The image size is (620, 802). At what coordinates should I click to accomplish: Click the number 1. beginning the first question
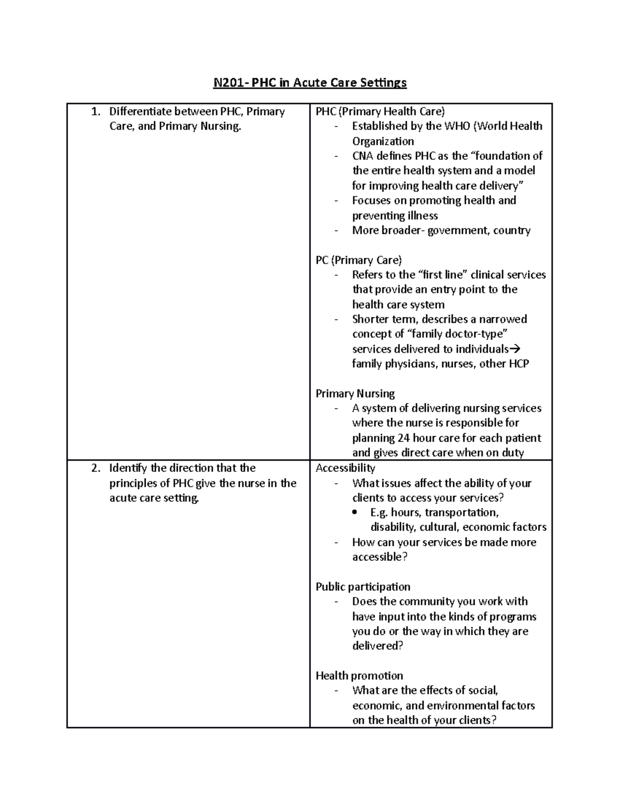coord(95,112)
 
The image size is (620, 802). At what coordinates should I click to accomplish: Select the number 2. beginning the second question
coord(95,468)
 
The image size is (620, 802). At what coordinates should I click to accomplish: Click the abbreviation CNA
coord(362,156)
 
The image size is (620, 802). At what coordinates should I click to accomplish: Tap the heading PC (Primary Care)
coord(359,260)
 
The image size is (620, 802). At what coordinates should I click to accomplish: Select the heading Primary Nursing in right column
coord(355,394)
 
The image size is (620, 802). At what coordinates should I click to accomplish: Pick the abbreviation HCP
coord(519,364)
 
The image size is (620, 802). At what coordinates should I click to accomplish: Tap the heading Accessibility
coord(345,468)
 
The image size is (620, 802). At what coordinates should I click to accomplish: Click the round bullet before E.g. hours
coord(354,513)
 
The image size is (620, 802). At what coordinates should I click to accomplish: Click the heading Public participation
coord(363,587)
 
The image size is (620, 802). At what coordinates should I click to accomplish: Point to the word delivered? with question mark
coord(377,646)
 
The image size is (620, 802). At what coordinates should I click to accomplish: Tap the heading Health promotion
coord(359,676)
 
